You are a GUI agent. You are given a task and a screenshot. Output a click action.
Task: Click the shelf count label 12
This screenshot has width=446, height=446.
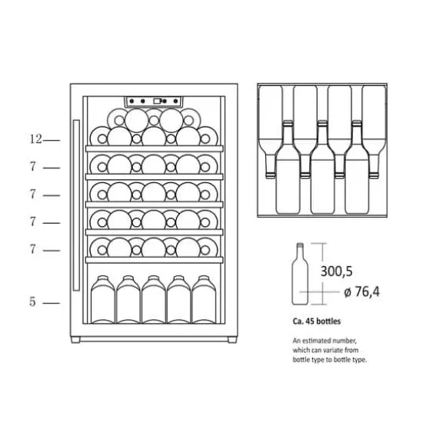point(36,139)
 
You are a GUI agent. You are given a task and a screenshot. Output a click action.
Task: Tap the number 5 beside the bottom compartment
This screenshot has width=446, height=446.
point(33,301)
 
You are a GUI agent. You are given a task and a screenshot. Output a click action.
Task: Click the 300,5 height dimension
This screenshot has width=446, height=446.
point(337,271)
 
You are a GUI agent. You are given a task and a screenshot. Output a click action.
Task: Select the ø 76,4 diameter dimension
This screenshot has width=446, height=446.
point(362,292)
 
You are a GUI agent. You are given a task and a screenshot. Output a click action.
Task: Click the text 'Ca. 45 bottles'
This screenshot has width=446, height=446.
point(317,321)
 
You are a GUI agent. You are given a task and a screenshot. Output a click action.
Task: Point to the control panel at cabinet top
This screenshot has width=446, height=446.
point(154,102)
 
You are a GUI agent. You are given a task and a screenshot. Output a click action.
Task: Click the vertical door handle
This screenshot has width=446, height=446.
point(76,205)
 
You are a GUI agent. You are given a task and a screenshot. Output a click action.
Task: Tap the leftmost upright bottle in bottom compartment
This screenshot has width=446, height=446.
point(103,299)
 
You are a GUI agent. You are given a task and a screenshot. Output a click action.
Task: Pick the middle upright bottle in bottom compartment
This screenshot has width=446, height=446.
point(153,299)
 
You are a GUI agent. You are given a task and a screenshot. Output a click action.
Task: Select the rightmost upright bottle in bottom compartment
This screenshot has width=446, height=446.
point(204,299)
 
